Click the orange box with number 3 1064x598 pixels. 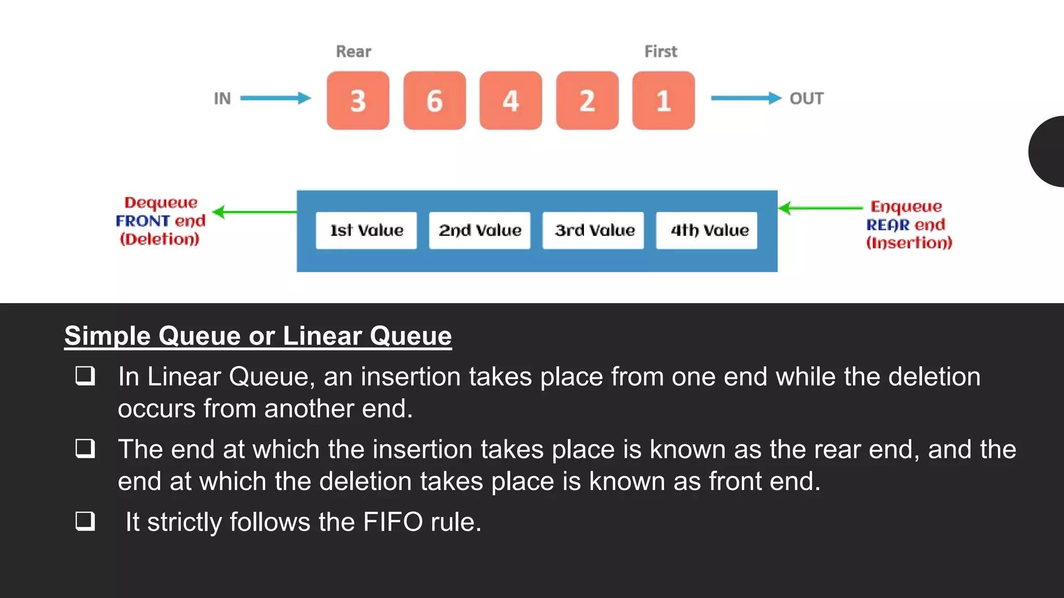coord(358,101)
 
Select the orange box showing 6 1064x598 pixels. coord(434,101)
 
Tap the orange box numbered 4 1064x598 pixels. coord(511,101)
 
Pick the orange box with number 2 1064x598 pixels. coord(587,101)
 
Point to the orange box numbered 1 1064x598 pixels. coord(663,101)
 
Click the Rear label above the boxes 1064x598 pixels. coord(353,51)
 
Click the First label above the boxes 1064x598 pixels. coord(661,51)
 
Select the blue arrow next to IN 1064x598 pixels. coord(275,98)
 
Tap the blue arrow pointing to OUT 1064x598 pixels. coord(746,98)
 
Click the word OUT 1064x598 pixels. coord(806,99)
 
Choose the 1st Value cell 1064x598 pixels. coord(366,230)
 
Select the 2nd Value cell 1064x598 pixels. coord(480,230)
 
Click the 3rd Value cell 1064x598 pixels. coord(593,230)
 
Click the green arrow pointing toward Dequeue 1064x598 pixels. coord(255,212)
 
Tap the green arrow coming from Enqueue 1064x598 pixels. coord(821,208)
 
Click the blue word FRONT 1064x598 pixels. coord(143,221)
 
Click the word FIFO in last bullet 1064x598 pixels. coord(393,522)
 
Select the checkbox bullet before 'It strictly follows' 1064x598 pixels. coord(85,521)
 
